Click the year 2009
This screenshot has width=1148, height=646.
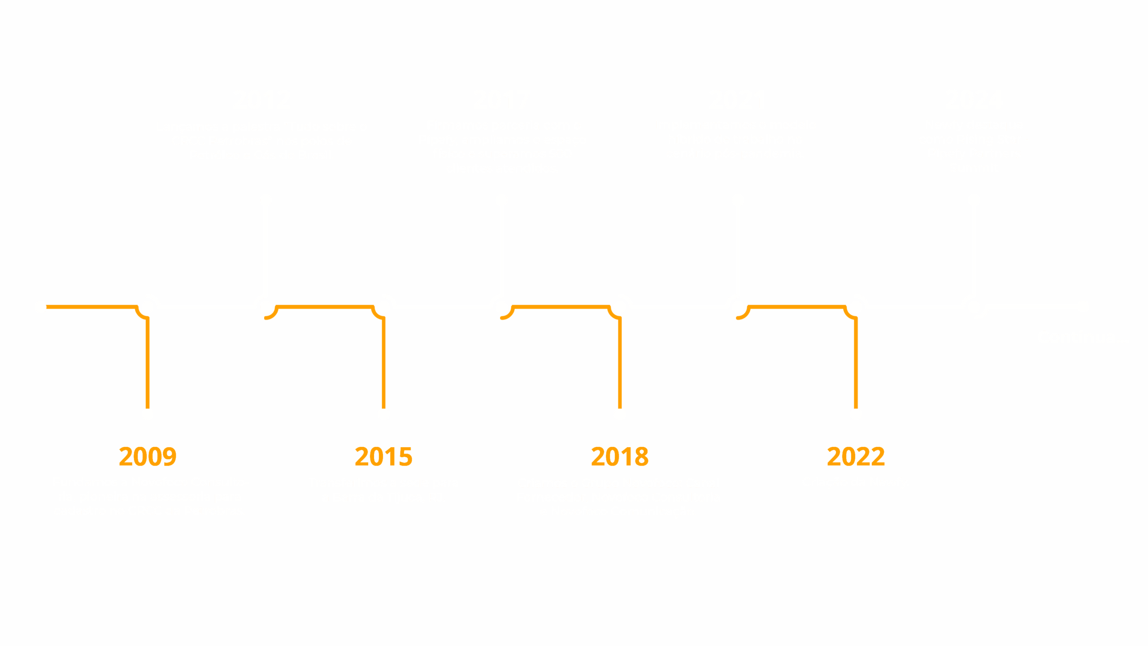pyautogui.click(x=148, y=456)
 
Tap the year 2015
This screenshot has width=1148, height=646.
pyautogui.click(x=383, y=456)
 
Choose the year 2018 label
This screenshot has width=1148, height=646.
pyautogui.click(x=620, y=456)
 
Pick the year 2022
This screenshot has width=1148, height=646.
pyautogui.click(x=856, y=456)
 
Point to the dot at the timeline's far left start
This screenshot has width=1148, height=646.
pyautogui.click(x=41, y=307)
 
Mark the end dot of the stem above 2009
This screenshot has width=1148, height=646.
pyautogui.click(x=148, y=414)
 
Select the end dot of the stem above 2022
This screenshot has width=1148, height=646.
pyautogui.click(x=856, y=414)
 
